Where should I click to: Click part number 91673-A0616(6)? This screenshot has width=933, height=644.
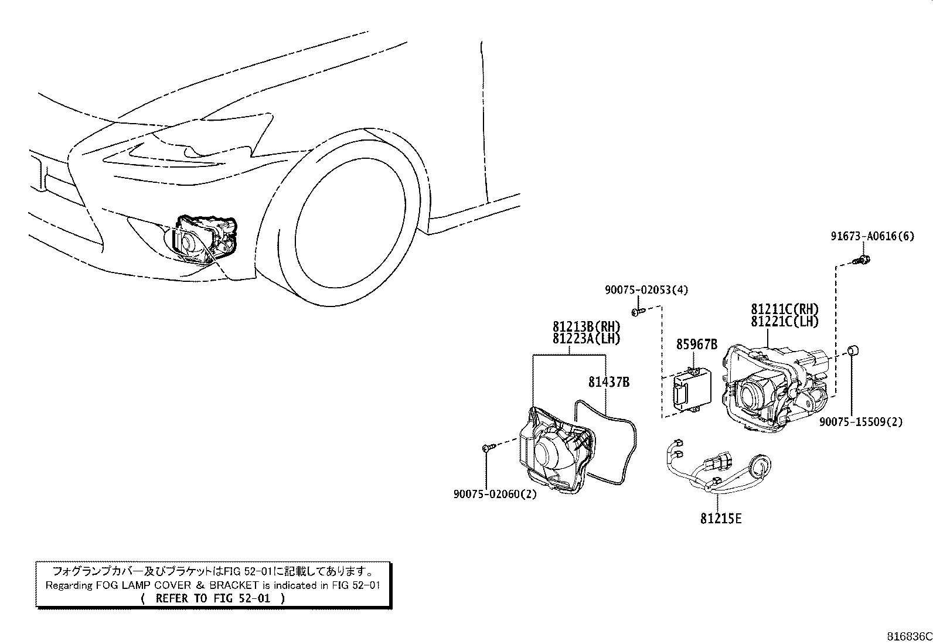873,236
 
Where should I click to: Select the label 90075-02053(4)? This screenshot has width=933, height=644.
646,289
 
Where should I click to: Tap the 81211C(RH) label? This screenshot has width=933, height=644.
785,309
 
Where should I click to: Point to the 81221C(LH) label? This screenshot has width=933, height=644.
785,321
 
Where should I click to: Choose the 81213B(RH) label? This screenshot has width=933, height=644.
587,326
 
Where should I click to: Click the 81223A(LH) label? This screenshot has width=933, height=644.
587,339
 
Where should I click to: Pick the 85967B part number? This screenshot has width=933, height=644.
697,345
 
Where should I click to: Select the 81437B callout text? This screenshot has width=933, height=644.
609,381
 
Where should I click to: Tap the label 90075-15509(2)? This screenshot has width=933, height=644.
861,422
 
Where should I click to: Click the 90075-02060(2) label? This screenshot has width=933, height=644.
495,494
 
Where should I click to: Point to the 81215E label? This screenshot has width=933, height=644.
721,519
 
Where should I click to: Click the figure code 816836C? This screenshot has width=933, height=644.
909,636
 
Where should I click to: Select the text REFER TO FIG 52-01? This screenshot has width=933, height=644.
213,599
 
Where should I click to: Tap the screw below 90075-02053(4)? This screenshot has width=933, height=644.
638,312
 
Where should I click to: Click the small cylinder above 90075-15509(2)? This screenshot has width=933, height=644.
853,351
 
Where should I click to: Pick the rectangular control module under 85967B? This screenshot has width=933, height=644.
692,391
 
